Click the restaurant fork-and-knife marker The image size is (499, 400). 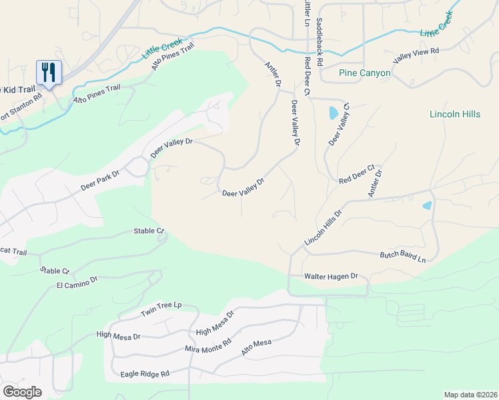tap(49, 72)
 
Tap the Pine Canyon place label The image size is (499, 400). tap(364, 73)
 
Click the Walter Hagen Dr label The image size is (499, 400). tap(332, 276)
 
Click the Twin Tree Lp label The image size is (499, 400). tap(161, 309)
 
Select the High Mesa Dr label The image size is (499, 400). tap(118, 336)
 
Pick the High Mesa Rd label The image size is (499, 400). tap(215, 323)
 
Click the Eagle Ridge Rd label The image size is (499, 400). tap(145, 374)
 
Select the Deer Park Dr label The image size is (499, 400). tap(99, 179)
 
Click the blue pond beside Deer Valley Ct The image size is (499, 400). tap(333, 113)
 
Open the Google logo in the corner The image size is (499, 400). tap(23, 391)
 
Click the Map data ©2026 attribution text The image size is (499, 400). tap(470, 395)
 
